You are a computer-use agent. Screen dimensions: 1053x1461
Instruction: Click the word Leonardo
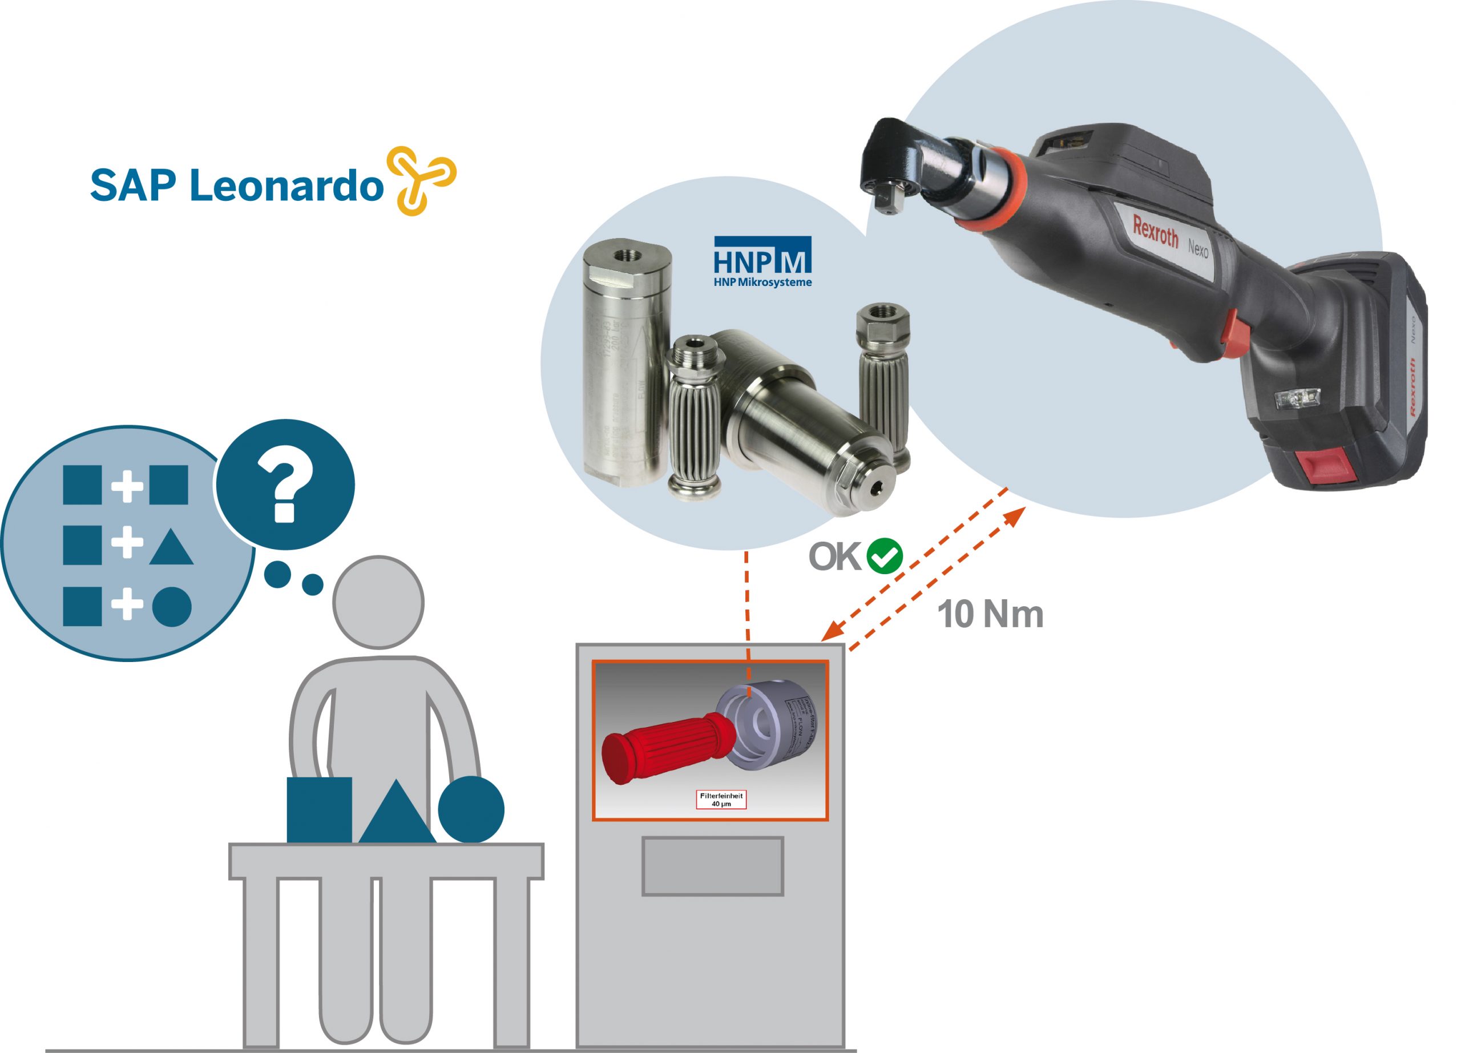point(286,186)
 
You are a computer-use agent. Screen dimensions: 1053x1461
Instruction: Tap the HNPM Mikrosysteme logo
point(762,261)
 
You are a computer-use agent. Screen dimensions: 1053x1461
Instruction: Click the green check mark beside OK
point(885,555)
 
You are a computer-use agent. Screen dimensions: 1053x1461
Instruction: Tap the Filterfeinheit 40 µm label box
point(721,799)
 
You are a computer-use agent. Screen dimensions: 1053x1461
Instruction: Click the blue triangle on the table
point(396,813)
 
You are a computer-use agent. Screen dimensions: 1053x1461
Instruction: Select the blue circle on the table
point(471,809)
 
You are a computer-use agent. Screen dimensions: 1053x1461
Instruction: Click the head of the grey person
point(378,602)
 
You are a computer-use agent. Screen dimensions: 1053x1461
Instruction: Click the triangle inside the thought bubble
point(171,548)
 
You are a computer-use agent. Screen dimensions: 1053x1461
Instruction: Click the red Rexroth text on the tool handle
point(1155,231)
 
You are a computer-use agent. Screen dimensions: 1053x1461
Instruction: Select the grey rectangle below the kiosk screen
point(712,866)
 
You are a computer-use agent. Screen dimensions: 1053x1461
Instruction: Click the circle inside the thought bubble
point(172,607)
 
